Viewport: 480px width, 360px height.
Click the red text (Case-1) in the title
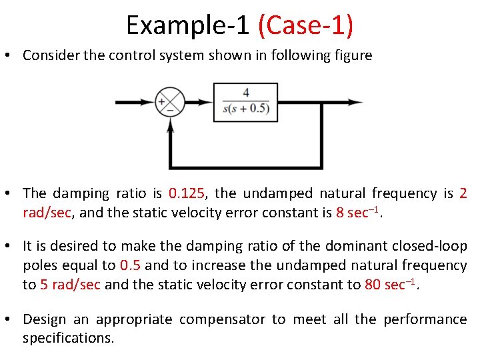click(305, 25)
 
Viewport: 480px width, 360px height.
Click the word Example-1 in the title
click(187, 25)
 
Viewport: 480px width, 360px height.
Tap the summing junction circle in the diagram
click(169, 103)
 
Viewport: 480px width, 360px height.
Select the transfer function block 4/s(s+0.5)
click(245, 102)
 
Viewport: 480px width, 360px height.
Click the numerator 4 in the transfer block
click(246, 93)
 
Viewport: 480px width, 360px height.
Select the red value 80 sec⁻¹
click(394, 284)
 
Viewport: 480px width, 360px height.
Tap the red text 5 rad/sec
click(71, 285)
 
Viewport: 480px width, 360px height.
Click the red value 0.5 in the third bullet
click(131, 265)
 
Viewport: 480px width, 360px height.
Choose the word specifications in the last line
click(68, 338)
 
